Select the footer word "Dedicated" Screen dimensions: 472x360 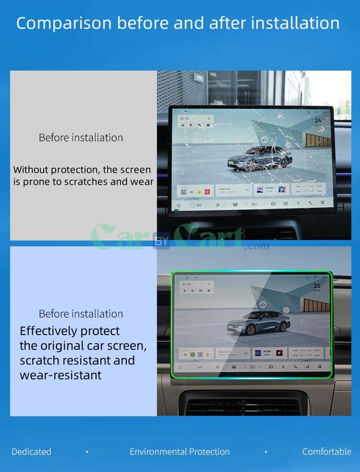coord(31,452)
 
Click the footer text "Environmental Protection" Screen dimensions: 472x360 coord(180,452)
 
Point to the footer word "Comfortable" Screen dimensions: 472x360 coord(326,452)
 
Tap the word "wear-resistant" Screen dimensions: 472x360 coord(60,375)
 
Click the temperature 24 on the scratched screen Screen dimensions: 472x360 coord(318,121)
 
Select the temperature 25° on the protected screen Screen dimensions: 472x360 coord(318,286)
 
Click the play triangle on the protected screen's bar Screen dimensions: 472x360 coord(217,367)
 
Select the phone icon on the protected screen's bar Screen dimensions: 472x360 coord(295,367)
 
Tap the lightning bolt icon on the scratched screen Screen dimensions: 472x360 coord(298,204)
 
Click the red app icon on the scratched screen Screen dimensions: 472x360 coord(207,191)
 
